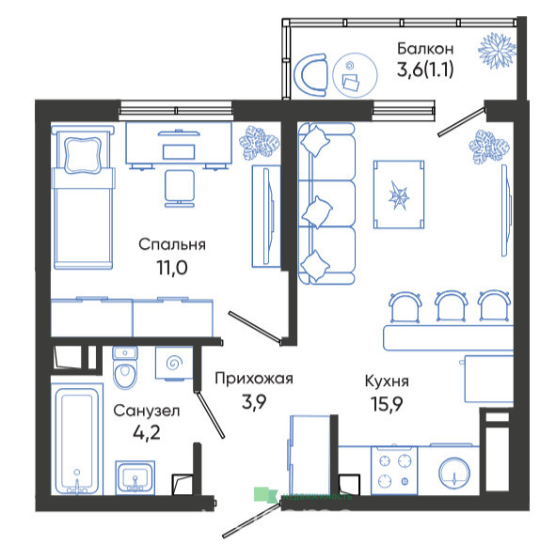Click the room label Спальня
click(172, 245)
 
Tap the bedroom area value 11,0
click(172, 268)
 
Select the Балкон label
click(425, 49)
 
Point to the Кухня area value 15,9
click(387, 403)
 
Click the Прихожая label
click(254, 379)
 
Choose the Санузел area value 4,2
click(147, 432)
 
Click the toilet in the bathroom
click(125, 367)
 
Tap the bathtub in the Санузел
click(77, 439)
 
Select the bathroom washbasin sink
click(135, 477)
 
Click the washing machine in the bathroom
click(174, 364)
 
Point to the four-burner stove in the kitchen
click(394, 471)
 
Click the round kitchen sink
click(454, 474)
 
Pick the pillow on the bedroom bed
click(83, 155)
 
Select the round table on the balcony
click(355, 75)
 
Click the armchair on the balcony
click(311, 75)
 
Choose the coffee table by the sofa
click(399, 194)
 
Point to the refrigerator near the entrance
click(310, 456)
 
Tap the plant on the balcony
click(497, 51)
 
